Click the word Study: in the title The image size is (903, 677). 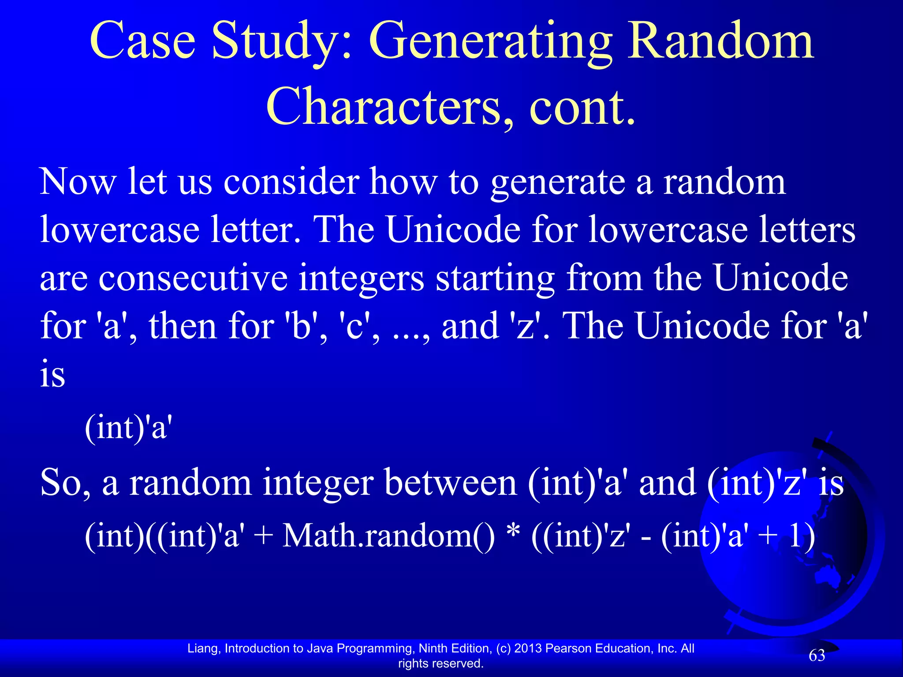(x=282, y=42)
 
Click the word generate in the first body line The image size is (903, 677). (x=558, y=183)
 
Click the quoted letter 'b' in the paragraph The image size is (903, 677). (x=300, y=326)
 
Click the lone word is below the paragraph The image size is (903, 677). (x=52, y=375)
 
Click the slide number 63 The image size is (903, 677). (x=817, y=655)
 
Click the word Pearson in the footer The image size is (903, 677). (x=569, y=648)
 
